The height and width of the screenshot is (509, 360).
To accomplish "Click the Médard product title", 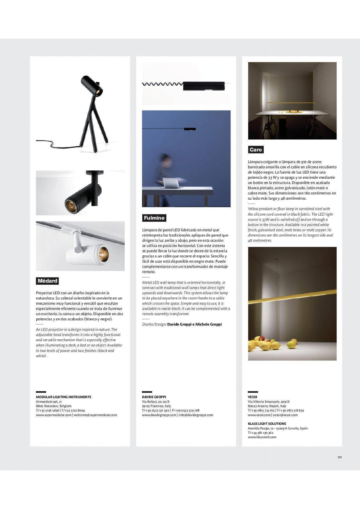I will [x=48, y=281].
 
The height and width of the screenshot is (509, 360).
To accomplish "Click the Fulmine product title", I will [x=154, y=218].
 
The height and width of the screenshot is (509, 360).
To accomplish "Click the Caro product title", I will [x=256, y=150].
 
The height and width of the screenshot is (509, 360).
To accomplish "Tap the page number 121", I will [x=340, y=457].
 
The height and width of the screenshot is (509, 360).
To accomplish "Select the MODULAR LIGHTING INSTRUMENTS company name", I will [x=64, y=397].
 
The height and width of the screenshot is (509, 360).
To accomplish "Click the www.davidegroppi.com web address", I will [x=159, y=415].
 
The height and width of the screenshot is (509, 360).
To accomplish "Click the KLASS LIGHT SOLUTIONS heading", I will [x=267, y=424].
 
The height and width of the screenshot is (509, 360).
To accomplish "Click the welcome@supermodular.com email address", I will [x=95, y=415].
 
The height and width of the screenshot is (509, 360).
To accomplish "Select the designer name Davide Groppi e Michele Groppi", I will [x=194, y=324].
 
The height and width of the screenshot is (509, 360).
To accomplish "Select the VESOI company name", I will [x=253, y=397].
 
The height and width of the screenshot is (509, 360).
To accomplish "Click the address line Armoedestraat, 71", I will [x=49, y=402].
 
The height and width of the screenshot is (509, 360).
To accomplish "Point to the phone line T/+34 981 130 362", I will [x=261, y=433].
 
